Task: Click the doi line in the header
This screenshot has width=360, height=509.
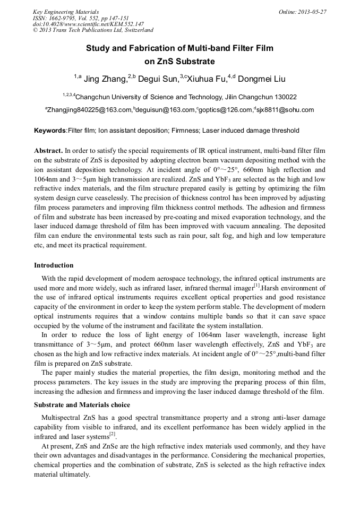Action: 88,24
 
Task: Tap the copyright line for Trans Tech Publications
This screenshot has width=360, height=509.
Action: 93,30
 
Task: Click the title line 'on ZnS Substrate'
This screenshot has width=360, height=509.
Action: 179,61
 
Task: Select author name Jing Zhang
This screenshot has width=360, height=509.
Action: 105,80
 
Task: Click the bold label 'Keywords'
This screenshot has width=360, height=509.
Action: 50,131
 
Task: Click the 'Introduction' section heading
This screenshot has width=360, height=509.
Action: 54,265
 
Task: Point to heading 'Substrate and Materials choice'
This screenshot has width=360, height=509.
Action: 82,405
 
